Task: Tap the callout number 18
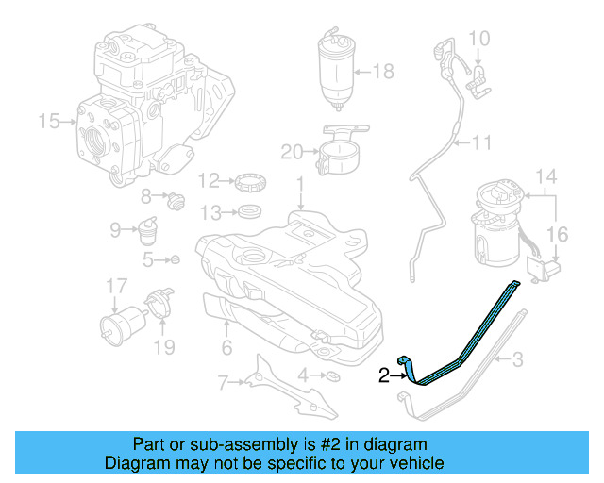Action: pos(383,72)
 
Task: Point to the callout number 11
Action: pos(483,143)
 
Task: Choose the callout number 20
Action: pos(292,151)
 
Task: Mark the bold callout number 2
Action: pos(384,376)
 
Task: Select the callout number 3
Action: pos(517,359)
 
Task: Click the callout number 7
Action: pos(223,382)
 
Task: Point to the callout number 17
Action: pos(116,286)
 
